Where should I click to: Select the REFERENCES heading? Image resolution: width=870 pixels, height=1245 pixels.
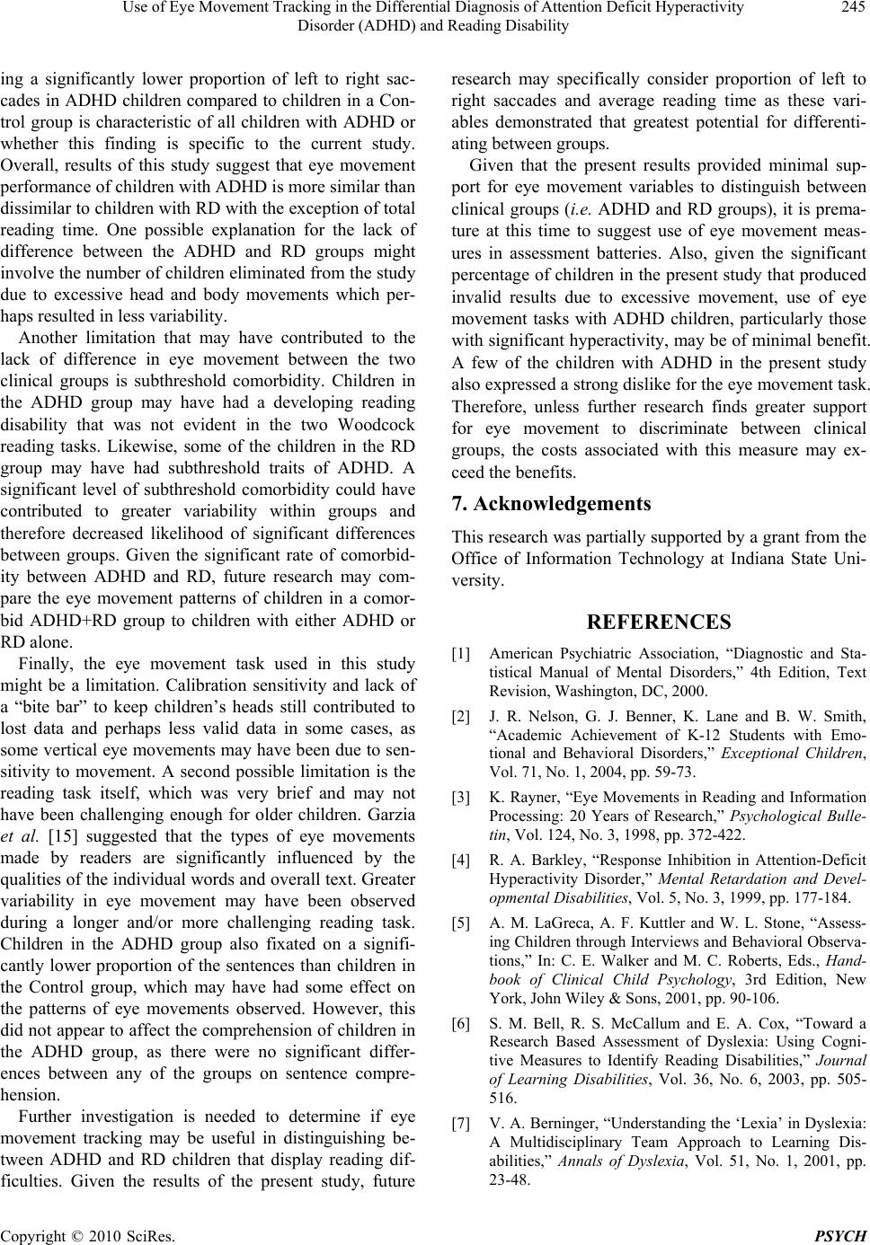click(658, 622)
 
